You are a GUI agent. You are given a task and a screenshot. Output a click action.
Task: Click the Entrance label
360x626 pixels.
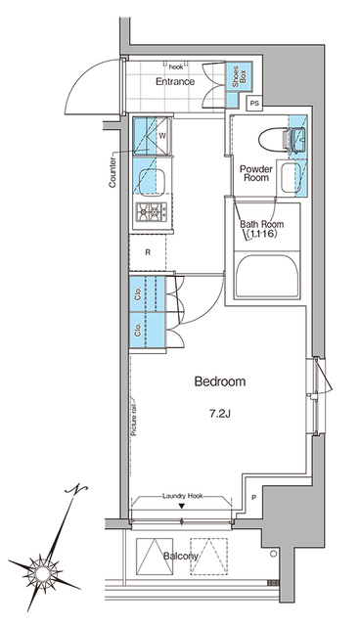175,81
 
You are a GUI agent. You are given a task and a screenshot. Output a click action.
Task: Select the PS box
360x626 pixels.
254,104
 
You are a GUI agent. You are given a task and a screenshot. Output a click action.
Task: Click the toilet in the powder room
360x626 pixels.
273,140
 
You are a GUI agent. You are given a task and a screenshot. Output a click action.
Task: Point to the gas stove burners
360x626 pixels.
152,211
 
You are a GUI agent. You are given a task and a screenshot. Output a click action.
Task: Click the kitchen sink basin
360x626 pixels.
152,180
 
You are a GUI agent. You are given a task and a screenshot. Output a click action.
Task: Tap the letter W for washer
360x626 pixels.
162,135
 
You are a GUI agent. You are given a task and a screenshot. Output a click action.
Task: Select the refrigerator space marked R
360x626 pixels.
148,252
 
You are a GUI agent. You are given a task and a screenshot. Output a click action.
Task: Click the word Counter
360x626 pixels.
112,172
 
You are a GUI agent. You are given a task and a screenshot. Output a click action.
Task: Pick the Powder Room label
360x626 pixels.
256,173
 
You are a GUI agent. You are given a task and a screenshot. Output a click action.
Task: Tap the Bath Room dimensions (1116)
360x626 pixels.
261,234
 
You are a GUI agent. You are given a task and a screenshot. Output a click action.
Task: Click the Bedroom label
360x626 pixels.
220,381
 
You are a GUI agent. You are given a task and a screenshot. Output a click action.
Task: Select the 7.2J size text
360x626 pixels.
220,414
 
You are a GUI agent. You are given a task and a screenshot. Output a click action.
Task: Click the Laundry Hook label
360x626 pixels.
182,496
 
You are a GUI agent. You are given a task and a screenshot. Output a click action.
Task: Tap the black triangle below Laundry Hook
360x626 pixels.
182,507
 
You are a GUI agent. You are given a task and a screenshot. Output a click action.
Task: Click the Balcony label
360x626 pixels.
180,557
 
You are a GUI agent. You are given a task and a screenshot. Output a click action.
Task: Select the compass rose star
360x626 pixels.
42,574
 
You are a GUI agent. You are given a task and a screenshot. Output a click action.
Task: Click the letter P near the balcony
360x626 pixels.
253,498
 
